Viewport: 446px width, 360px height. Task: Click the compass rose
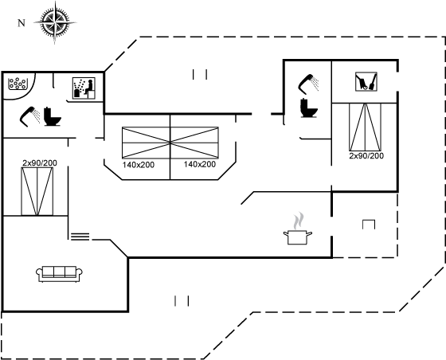coord(55,22)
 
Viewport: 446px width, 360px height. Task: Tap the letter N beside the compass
coord(22,23)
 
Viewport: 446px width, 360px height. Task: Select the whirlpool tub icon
coord(18,84)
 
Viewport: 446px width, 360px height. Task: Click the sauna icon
coord(84,88)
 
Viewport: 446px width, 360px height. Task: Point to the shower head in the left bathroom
coord(29,116)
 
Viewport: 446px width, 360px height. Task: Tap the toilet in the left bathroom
coord(53,116)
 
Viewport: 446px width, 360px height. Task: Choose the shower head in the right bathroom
coord(308,84)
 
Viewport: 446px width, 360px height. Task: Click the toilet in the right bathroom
coord(309,108)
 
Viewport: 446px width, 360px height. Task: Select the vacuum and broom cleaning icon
coord(366,81)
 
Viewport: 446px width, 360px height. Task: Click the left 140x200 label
coord(139,165)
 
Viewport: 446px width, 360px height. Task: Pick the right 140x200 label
coord(200,164)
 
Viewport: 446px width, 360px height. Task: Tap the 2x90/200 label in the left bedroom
coord(40,163)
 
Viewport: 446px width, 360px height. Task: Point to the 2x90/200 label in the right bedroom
coord(366,156)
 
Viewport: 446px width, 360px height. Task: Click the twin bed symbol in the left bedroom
coord(37,191)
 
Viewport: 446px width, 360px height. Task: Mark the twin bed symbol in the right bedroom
coord(366,127)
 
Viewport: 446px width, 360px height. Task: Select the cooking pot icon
coord(298,237)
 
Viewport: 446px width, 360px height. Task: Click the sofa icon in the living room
coord(60,274)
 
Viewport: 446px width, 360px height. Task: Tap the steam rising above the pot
coord(298,221)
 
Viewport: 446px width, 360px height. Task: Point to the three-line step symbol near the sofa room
coord(80,237)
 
